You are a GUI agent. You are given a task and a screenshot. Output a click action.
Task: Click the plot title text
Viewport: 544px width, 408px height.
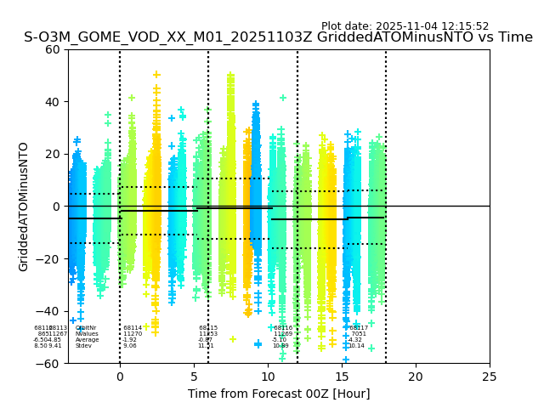point(278,37)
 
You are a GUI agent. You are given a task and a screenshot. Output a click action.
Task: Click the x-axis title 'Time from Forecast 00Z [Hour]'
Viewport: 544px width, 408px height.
point(279,394)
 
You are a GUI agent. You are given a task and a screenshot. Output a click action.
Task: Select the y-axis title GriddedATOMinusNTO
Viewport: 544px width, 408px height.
point(24,207)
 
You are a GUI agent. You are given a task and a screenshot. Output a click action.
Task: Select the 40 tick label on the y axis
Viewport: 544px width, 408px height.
point(53,102)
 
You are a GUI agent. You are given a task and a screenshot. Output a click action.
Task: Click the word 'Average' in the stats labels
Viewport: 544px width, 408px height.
point(87,340)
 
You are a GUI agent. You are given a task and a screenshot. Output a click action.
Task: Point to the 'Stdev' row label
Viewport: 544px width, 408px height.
point(83,346)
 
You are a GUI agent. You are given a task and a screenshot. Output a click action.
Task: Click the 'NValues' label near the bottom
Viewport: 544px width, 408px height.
point(86,334)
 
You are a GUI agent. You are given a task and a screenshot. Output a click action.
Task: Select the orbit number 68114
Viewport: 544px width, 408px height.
point(133,328)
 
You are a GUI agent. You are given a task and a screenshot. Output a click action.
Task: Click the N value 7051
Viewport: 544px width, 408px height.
point(358,334)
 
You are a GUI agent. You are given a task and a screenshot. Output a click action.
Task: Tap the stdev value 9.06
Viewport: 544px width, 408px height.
point(129,346)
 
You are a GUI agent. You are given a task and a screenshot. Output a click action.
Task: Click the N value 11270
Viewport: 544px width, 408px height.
point(133,334)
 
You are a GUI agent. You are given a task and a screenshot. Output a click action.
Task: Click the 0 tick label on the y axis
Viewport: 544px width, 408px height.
point(56,207)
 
